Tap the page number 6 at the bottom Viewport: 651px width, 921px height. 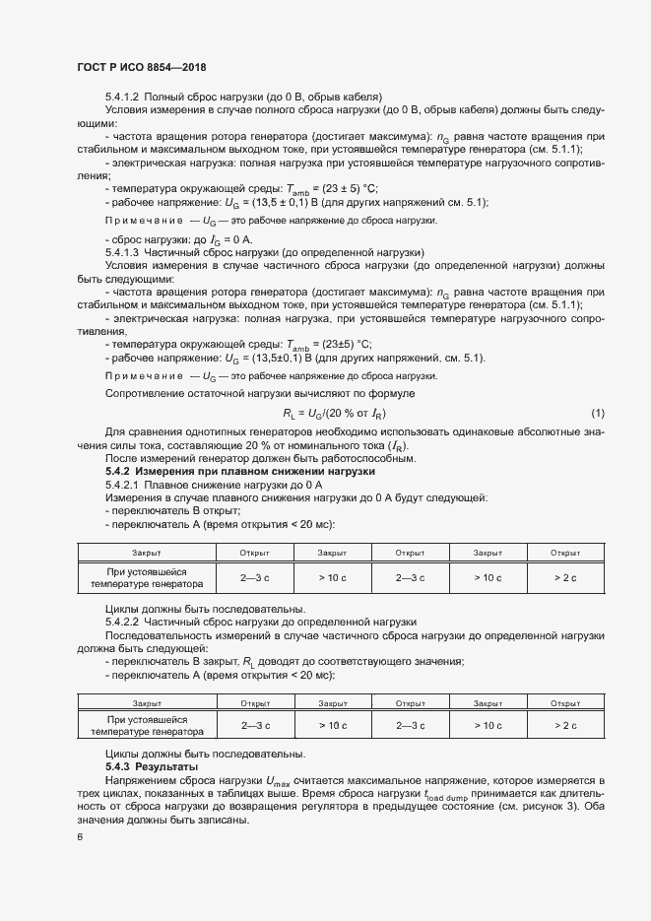click(80, 837)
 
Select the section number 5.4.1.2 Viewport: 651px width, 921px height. click(123, 97)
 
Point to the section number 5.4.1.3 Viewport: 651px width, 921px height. click(123, 252)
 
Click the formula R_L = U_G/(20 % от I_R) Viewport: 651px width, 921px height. click(335, 412)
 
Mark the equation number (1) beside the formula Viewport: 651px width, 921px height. click(598, 412)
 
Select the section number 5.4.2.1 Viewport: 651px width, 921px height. click(123, 485)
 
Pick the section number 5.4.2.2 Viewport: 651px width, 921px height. click(123, 623)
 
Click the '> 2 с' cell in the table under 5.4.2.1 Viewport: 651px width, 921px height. click(564, 577)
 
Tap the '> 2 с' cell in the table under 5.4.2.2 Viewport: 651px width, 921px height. click(564, 726)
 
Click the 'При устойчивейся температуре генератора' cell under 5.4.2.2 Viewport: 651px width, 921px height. click(147, 726)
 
